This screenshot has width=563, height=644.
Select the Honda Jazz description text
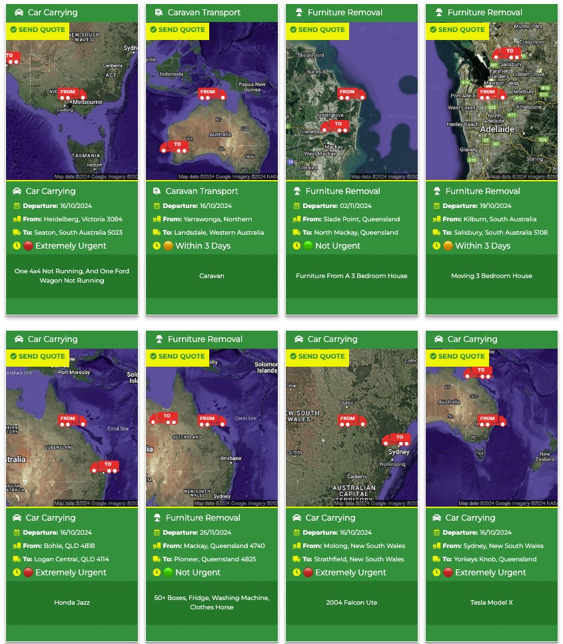tap(72, 603)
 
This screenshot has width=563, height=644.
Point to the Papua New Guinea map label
tap(252, 87)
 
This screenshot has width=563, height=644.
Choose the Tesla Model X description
tap(492, 603)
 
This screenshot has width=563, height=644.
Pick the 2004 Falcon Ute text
tap(352, 603)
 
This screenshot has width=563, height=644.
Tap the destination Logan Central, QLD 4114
tap(77, 559)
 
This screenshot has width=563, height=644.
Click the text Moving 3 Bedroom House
tap(492, 276)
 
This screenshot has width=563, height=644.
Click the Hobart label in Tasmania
tap(94, 165)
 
